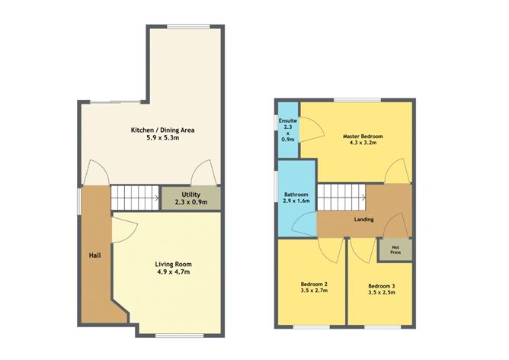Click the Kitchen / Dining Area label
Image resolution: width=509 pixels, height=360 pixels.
tap(163, 130)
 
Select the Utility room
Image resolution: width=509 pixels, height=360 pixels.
tap(190, 198)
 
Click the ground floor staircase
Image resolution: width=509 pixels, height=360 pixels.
tap(134, 198)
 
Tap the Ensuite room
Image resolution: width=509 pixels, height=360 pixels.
tap(288, 130)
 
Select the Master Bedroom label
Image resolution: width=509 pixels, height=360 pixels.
tap(362, 137)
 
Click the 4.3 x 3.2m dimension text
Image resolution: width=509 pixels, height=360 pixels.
tap(362, 145)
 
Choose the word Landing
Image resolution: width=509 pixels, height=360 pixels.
tap(363, 220)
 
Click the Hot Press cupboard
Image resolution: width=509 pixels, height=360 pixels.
tap(395, 249)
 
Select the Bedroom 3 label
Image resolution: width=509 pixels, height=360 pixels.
tap(381, 285)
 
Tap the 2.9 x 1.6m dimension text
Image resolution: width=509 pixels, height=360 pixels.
tap(296, 204)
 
